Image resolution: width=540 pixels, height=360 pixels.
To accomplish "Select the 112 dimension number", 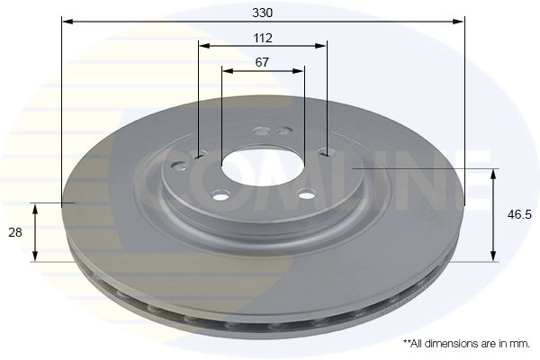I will pos(263,38).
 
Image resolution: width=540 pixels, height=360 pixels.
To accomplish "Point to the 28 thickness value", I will pos(15,232).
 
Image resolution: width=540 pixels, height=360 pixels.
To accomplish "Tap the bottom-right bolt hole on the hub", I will pos(306,193).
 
